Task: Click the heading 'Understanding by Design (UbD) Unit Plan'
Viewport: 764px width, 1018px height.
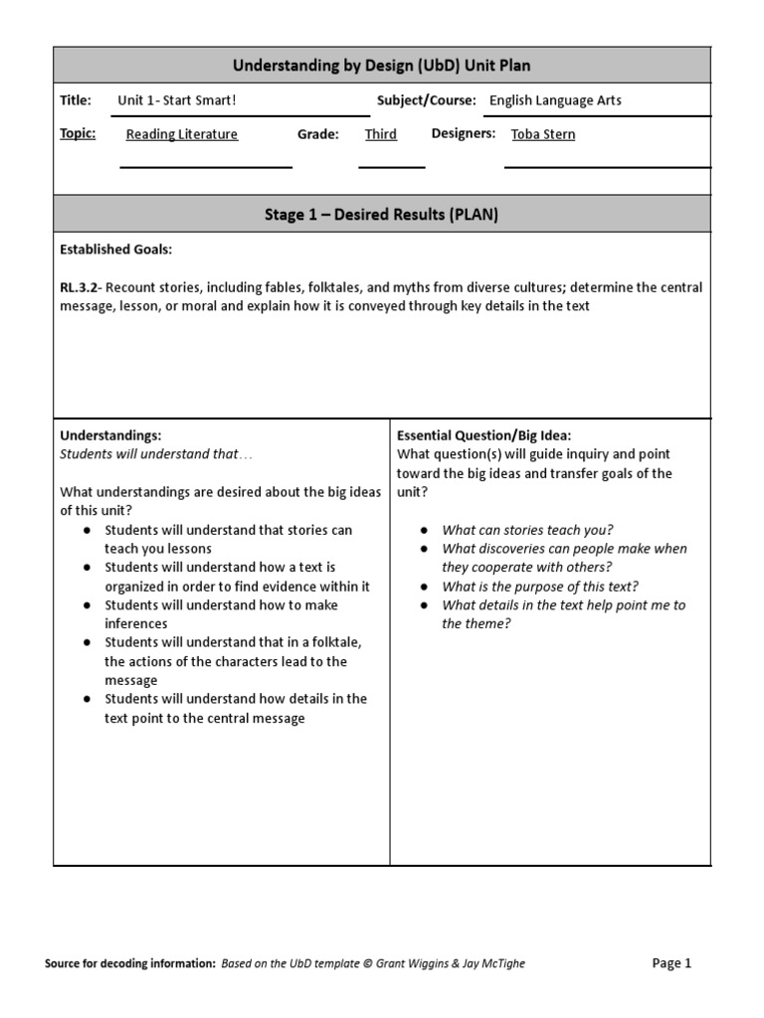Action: tap(382, 66)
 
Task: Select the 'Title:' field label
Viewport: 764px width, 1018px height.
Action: tap(76, 100)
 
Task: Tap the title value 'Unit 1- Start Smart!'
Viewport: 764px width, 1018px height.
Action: tap(177, 100)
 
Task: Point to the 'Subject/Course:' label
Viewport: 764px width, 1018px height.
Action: tap(426, 100)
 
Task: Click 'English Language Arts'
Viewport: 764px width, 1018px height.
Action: tap(555, 100)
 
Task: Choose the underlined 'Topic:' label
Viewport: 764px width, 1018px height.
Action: tap(78, 133)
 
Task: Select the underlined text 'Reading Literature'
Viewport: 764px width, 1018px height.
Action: tap(182, 134)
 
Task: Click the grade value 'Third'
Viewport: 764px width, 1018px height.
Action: tap(380, 134)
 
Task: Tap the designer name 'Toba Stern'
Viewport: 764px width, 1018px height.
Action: tap(543, 134)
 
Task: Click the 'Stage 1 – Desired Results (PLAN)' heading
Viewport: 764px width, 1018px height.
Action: tap(382, 214)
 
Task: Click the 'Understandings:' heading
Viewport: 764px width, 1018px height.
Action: tap(110, 435)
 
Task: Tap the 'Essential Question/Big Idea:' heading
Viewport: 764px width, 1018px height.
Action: tap(484, 435)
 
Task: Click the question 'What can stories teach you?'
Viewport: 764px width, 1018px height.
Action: tap(527, 530)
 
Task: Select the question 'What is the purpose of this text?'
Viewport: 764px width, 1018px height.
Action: tap(540, 587)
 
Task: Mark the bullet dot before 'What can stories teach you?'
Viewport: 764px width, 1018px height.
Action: tap(424, 531)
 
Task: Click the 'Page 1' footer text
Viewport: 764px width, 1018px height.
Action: tap(671, 962)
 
